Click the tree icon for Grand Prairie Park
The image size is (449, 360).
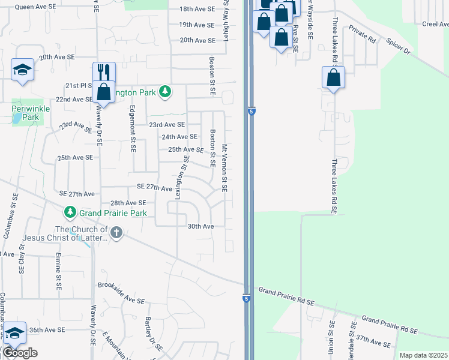70,212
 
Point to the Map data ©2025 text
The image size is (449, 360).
423,355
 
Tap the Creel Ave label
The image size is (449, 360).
435,24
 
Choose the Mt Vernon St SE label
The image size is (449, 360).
224,167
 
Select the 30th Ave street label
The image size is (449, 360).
200,226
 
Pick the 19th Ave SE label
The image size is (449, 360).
196,25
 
